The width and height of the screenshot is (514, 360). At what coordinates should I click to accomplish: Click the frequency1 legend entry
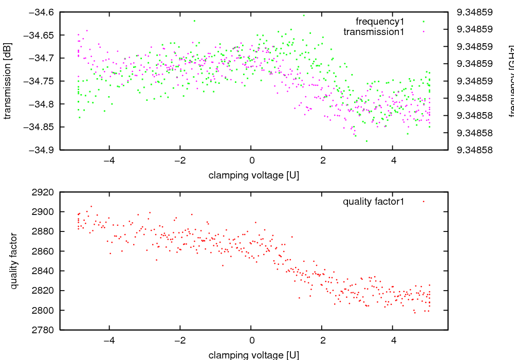click(x=379, y=22)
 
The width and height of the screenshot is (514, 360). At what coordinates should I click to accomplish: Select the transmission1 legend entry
click(x=374, y=32)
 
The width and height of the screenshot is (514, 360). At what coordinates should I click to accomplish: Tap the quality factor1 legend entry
click(x=374, y=202)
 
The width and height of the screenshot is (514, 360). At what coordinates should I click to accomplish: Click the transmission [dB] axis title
click(x=7, y=81)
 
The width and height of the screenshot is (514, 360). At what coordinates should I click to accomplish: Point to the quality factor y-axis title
click(x=14, y=261)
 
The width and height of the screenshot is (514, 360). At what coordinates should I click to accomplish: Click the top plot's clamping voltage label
click(x=253, y=175)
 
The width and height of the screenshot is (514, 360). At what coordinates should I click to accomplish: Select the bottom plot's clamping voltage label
click(x=253, y=355)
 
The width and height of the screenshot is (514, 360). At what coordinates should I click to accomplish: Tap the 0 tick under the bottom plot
click(x=251, y=340)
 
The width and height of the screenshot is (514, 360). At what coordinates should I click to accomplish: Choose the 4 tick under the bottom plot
click(x=393, y=340)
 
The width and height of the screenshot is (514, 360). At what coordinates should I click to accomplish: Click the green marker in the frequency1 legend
click(x=424, y=22)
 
